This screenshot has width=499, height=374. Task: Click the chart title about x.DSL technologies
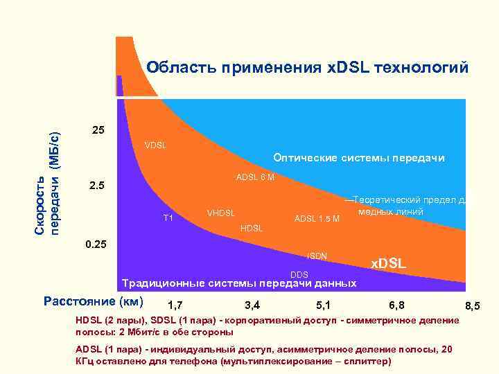coord(307,68)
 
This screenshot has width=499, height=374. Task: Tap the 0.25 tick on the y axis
coord(96,244)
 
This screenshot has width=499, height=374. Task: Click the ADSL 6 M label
coord(255,177)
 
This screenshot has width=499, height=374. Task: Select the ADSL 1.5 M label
coord(316,220)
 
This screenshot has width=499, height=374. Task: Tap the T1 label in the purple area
coord(168,218)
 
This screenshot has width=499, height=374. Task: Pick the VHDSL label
coord(221,212)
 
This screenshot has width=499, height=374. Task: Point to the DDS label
coord(299,275)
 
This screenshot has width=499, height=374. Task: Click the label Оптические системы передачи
coord(358,158)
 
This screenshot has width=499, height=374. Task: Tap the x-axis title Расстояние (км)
coord(93,301)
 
